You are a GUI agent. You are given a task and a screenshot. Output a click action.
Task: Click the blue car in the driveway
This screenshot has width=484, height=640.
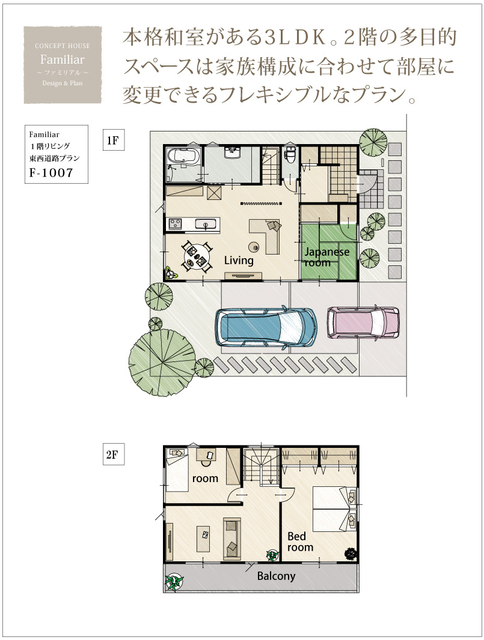(266, 327)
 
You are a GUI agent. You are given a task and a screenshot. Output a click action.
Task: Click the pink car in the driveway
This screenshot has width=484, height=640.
(363, 322)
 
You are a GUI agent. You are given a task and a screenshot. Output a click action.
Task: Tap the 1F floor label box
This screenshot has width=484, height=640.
(113, 140)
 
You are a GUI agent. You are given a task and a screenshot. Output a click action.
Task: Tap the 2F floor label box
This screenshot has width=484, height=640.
(113, 454)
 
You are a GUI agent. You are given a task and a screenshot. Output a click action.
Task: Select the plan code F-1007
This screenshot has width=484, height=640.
(51, 173)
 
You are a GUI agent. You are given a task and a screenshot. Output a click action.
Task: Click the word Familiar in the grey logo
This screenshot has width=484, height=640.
(62, 59)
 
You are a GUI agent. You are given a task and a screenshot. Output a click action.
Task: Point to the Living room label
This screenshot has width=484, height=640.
(239, 261)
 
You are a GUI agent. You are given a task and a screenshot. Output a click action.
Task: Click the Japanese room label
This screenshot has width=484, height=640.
(326, 257)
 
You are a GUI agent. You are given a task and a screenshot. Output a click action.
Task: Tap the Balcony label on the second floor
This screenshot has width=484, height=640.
(277, 576)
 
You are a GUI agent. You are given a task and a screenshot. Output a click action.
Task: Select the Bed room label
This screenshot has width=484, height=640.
(300, 542)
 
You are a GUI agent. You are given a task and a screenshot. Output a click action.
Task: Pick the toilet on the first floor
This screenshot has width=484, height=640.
(290, 155)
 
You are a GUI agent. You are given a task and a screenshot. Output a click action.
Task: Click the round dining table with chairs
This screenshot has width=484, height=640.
(197, 256)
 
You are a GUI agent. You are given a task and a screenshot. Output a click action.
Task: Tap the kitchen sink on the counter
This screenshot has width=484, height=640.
(206, 224)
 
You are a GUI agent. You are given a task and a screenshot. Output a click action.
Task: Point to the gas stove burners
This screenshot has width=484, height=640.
(176, 224)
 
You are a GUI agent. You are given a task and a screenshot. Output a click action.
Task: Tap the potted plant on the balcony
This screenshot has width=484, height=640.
(174, 582)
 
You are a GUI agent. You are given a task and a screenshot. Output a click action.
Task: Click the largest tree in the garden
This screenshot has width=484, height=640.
(162, 361)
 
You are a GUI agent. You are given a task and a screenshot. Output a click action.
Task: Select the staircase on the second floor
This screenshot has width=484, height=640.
(262, 465)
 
